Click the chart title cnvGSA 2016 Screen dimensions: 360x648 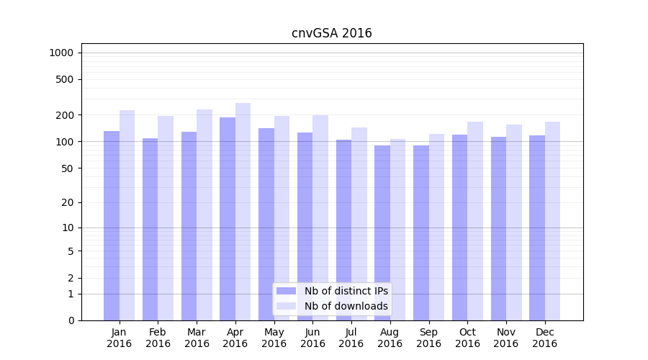[x=331, y=33]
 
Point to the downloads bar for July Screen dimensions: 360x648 [x=359, y=224]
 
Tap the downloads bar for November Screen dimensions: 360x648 [x=514, y=222]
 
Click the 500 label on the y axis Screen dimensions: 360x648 [x=66, y=79]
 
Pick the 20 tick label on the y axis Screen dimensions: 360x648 [x=68, y=202]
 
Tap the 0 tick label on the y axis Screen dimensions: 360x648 [x=71, y=320]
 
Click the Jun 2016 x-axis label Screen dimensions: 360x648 [x=312, y=338]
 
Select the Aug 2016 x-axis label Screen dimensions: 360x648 [x=390, y=338]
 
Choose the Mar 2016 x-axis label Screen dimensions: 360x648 [x=197, y=338]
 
